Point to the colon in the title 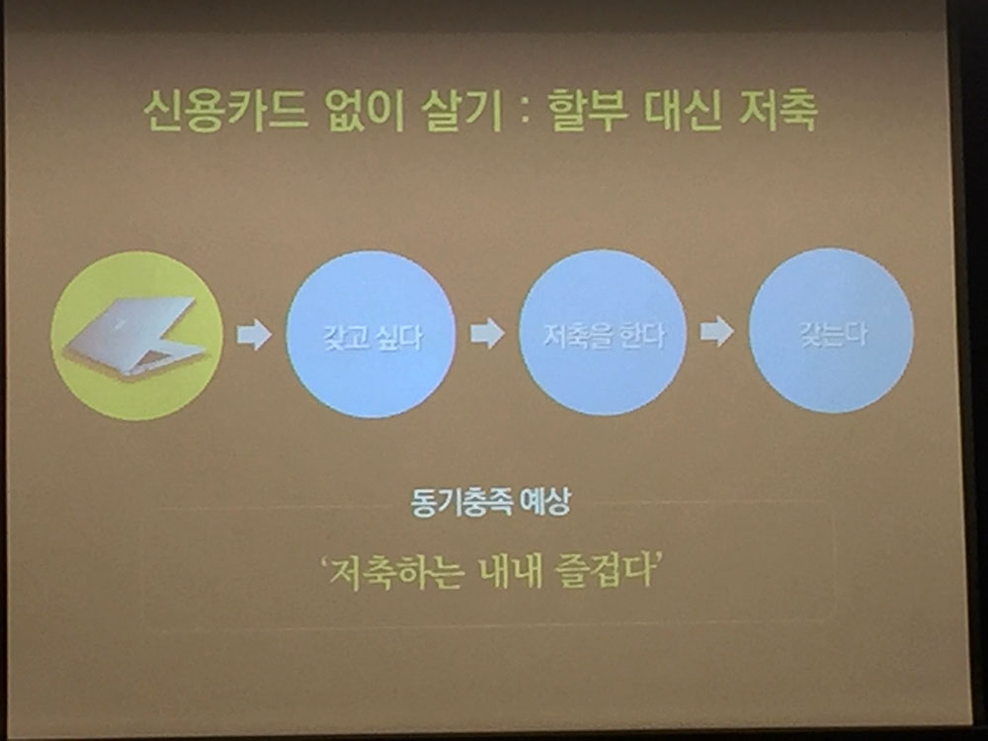point(525,114)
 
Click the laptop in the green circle point(136,335)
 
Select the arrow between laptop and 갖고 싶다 point(254,334)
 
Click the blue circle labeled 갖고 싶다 point(370,334)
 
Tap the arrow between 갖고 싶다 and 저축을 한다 point(487,333)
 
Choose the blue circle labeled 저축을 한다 point(603,332)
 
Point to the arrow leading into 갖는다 point(717,331)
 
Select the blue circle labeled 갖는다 point(831,330)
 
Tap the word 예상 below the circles point(545,502)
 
